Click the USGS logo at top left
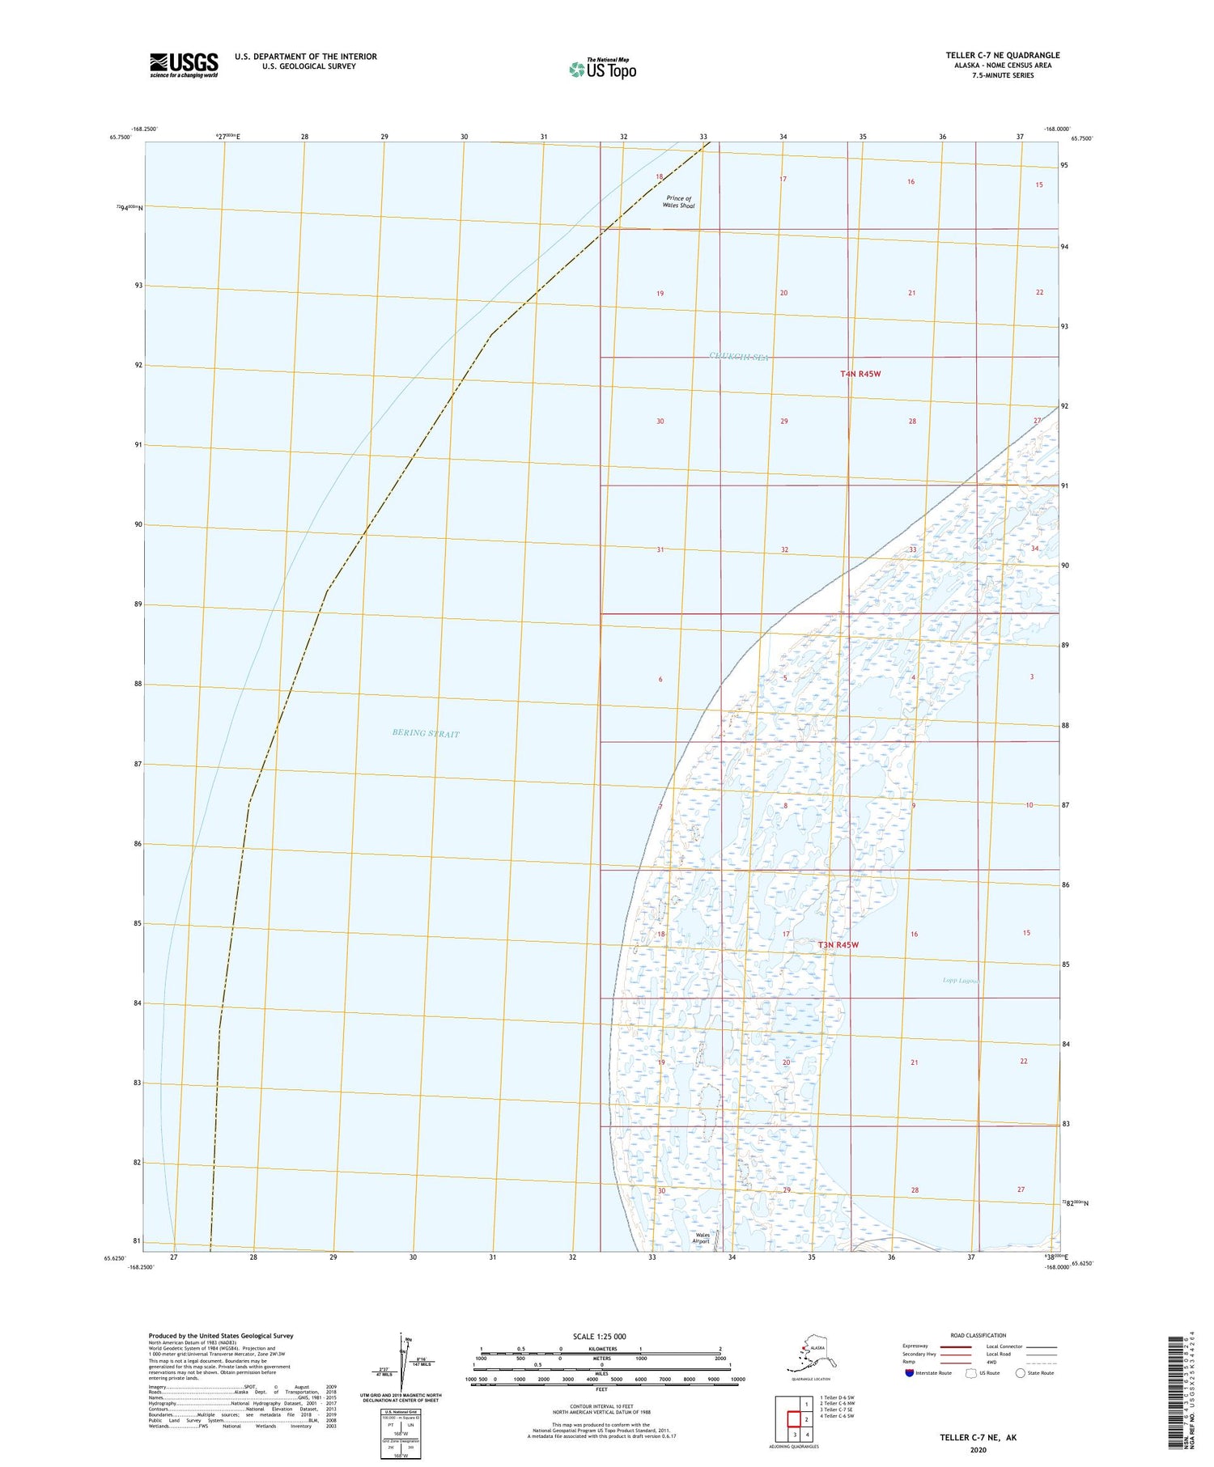pyautogui.click(x=184, y=65)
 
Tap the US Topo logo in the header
pyautogui.click(x=602, y=69)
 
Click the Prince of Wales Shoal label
pyautogui.click(x=679, y=202)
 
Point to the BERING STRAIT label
pyautogui.click(x=425, y=734)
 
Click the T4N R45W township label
pyautogui.click(x=860, y=374)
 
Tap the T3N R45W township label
pyautogui.click(x=838, y=945)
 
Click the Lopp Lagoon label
pyautogui.click(x=961, y=981)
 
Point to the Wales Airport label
pyautogui.click(x=703, y=1238)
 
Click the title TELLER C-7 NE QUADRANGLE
pyautogui.click(x=1002, y=55)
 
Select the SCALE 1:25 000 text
pyautogui.click(x=598, y=1336)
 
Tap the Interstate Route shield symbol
pyautogui.click(x=909, y=1372)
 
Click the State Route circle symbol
pyautogui.click(x=1020, y=1372)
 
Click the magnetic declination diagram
pyautogui.click(x=403, y=1359)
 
